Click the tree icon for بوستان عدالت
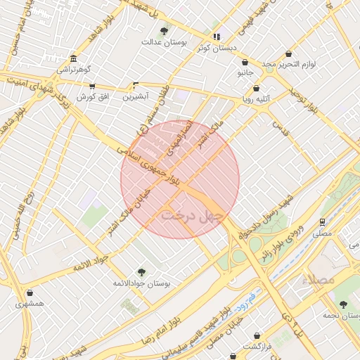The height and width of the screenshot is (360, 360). [x=164, y=30]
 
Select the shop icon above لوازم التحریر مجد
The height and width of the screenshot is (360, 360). [x=288, y=54]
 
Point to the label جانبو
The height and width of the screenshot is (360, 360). [x=245, y=72]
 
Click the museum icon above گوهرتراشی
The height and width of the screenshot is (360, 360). [x=74, y=58]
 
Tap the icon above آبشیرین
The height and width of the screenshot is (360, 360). [x=136, y=86]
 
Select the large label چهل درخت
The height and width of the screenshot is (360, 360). [x=191, y=214]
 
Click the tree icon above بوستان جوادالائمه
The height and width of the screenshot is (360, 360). [x=141, y=271]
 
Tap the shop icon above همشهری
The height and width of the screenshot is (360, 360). [x=30, y=292]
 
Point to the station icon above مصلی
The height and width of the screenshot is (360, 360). [x=322, y=219]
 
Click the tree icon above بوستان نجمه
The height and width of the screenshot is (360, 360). [x=342, y=304]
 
